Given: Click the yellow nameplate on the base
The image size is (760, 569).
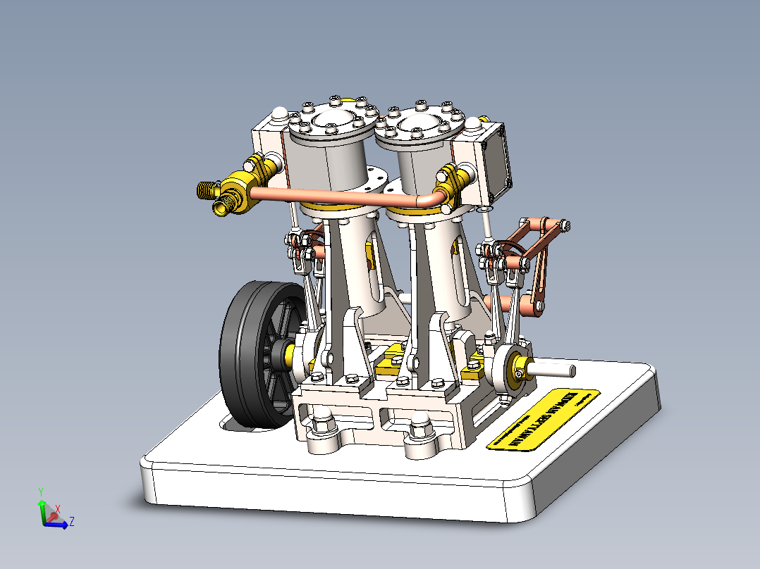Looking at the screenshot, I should tap(543, 419).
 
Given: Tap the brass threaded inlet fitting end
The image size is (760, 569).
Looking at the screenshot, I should tap(206, 188).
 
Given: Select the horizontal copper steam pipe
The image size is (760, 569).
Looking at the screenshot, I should tap(338, 198).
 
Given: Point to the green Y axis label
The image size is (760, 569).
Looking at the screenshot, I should tap(42, 492).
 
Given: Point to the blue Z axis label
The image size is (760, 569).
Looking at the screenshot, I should tap(72, 521).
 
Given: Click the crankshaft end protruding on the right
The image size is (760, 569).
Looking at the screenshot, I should tap(557, 367).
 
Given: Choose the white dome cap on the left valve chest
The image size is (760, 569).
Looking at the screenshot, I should tap(279, 113).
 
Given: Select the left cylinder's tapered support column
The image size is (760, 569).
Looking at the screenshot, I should tap(353, 268).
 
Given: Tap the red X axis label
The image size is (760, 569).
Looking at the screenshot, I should tap(58, 508).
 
